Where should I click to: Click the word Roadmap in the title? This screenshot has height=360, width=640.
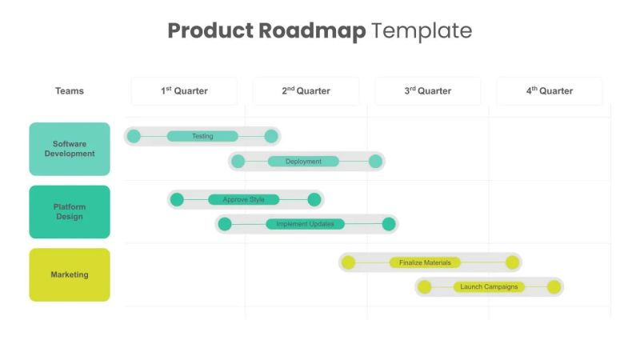(x=313, y=31)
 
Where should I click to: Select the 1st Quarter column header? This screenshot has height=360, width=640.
(x=184, y=91)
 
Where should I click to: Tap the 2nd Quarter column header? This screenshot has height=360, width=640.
(x=306, y=91)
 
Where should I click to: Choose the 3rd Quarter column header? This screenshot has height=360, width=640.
(x=427, y=91)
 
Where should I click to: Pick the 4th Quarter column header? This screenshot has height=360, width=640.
(x=549, y=91)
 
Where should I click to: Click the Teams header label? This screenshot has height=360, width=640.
(x=70, y=91)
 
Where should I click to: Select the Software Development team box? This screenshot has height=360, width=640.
(x=70, y=149)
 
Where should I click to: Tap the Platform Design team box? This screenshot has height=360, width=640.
(x=70, y=212)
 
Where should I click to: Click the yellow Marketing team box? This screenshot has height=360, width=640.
(x=70, y=275)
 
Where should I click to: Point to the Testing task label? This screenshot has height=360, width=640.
(x=202, y=136)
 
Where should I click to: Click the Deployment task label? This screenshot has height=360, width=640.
(x=303, y=162)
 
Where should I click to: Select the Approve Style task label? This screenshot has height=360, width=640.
(x=243, y=200)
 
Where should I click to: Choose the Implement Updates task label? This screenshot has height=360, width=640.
(x=305, y=224)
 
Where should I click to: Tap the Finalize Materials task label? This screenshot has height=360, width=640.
(x=425, y=262)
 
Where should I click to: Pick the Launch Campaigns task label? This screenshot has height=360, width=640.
(x=489, y=286)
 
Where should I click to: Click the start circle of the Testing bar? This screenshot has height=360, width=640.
(x=134, y=136)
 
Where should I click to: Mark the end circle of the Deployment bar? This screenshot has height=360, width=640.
(x=375, y=162)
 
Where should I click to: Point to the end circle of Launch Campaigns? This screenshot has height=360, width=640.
(x=554, y=286)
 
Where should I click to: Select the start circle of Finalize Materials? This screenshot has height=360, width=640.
(x=348, y=262)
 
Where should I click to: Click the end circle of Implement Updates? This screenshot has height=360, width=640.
(x=389, y=224)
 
